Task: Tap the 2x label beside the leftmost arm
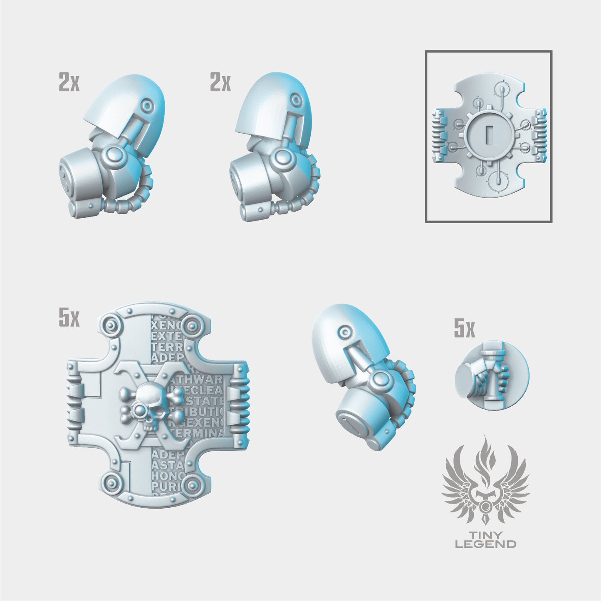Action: pos(69,83)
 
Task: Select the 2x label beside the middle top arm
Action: pos(220,83)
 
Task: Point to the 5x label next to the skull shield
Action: pos(69,319)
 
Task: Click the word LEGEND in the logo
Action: pos(485,544)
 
